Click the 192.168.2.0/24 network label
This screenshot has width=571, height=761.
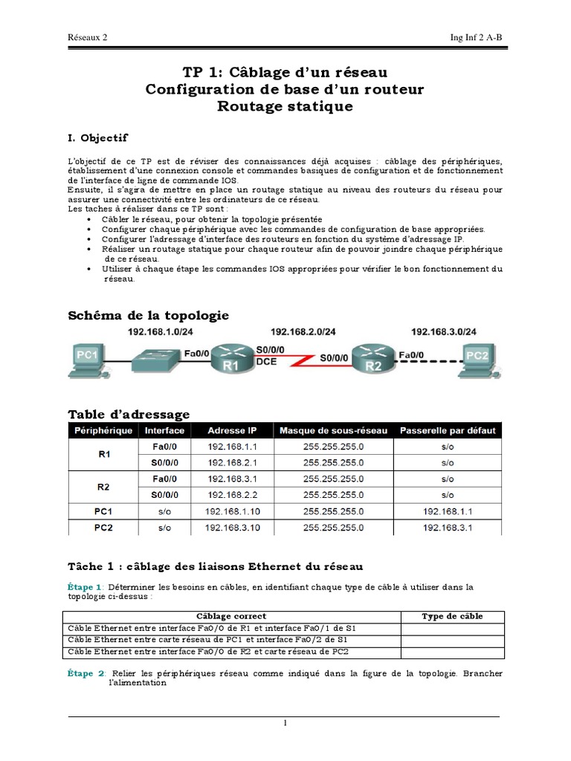tap(303, 332)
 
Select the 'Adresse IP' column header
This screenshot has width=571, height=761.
tap(232, 430)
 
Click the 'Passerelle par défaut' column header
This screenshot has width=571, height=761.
tap(447, 430)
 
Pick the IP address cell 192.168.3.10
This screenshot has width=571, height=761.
tap(232, 528)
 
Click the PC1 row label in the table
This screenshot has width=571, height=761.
tap(103, 511)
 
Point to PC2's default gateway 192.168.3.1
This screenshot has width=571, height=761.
tap(447, 528)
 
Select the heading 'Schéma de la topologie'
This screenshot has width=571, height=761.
tap(148, 315)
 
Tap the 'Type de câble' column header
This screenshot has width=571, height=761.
tap(452, 616)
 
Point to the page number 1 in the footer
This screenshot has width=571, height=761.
tap(285, 725)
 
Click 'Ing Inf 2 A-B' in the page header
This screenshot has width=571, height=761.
tap(482, 36)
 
